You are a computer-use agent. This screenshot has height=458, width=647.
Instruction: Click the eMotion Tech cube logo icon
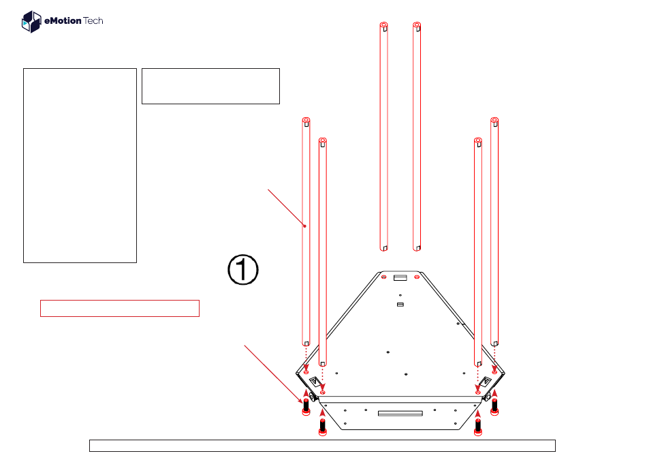tap(31, 22)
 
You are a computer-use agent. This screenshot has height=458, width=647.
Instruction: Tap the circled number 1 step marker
tap(242, 269)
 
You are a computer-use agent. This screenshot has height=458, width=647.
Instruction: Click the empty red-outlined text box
tap(119, 308)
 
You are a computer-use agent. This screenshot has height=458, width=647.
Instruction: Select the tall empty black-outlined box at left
tap(80, 165)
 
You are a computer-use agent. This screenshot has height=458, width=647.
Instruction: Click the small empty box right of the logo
tap(210, 86)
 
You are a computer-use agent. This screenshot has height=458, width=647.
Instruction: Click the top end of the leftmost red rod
tap(306, 121)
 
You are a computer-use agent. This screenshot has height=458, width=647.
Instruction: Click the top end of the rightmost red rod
tap(495, 121)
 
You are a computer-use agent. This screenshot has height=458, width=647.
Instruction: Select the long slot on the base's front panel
tap(400, 412)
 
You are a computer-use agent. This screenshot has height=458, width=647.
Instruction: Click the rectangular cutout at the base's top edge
tap(400, 278)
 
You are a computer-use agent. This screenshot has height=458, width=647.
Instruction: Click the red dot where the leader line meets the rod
tap(304, 226)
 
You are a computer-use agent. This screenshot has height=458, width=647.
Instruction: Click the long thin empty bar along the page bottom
tap(322, 446)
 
